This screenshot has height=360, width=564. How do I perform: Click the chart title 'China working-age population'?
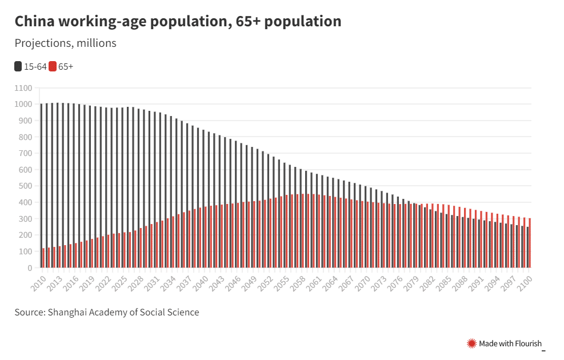178,22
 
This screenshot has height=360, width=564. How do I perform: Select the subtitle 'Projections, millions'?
65,43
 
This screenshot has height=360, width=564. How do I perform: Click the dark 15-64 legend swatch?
18,67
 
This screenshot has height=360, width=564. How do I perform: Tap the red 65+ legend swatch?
53,67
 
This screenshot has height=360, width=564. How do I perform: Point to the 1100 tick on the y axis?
23,88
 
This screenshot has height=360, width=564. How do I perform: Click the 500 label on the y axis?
25,186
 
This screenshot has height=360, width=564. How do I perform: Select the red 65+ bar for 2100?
530,243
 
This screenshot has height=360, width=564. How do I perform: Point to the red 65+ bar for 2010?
43,258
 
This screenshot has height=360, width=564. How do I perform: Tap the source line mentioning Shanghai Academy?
107,312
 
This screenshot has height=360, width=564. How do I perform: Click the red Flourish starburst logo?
472,343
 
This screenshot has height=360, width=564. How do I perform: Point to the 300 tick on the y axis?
25,219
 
